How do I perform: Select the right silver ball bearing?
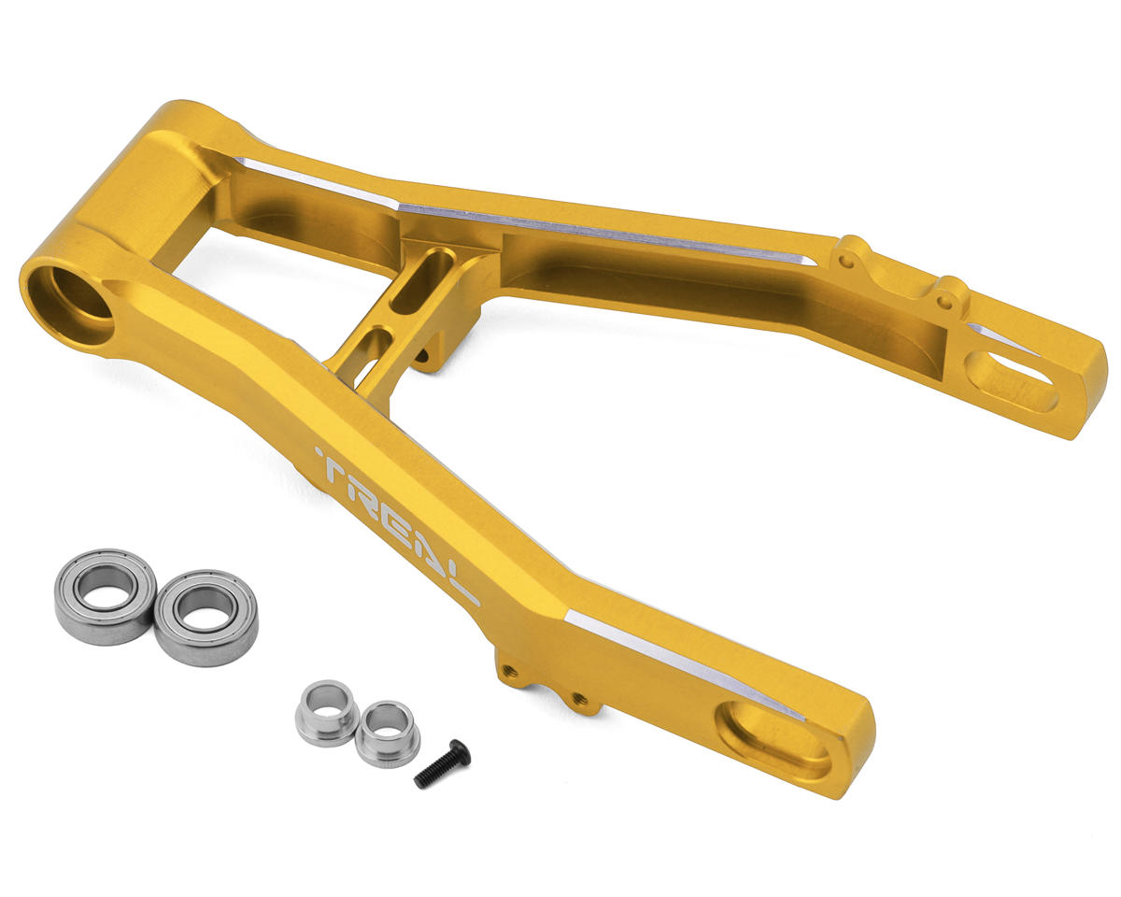[206, 619]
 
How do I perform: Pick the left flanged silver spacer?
[327, 713]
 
